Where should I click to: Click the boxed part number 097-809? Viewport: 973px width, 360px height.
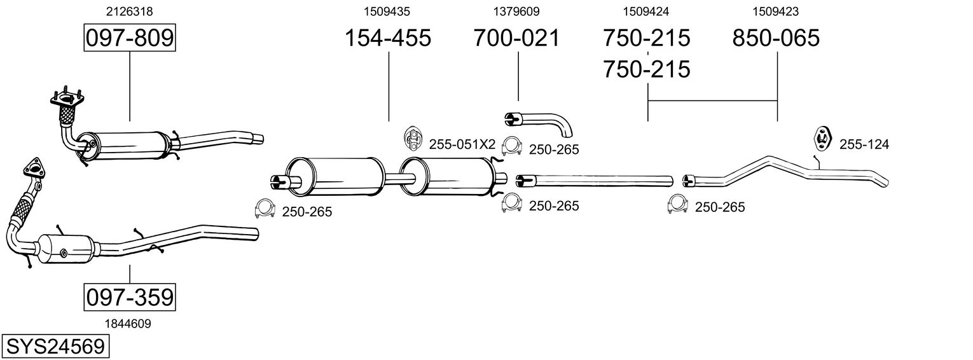click(129, 38)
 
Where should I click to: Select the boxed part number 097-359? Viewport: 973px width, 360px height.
click(129, 297)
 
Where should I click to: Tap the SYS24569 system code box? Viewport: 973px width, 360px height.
click(55, 347)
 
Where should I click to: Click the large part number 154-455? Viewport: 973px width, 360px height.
click(387, 38)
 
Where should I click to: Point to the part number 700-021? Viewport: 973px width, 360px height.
click(517, 38)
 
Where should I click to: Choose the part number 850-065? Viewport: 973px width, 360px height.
click(776, 38)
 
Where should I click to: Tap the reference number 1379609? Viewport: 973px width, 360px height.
click(516, 11)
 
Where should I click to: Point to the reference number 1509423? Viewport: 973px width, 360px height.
click(776, 11)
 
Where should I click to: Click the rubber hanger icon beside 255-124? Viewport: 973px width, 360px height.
click(823, 139)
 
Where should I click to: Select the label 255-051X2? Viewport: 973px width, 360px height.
click(462, 144)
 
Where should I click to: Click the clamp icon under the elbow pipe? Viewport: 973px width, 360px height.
click(511, 147)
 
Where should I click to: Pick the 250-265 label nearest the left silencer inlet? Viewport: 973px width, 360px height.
click(307, 212)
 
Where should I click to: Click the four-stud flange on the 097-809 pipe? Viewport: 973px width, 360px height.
click(66, 99)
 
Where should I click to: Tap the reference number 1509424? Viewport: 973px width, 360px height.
click(646, 11)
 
